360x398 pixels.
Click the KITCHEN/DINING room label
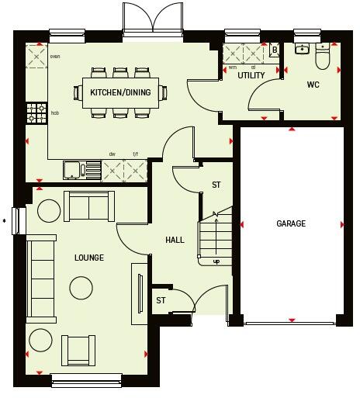click(121, 92)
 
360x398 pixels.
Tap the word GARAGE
click(291, 223)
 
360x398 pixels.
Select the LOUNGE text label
click(89, 258)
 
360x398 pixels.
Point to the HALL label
click(175, 240)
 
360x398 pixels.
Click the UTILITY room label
click(251, 75)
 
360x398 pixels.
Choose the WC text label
click(313, 84)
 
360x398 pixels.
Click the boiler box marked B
click(274, 50)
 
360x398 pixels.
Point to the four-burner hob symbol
click(36, 113)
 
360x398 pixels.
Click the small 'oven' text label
click(55, 56)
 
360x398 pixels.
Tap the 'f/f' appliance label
click(135, 154)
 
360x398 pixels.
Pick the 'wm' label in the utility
click(232, 67)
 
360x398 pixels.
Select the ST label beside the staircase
click(216, 185)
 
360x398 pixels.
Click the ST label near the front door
click(161, 300)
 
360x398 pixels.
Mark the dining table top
click(120, 92)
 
